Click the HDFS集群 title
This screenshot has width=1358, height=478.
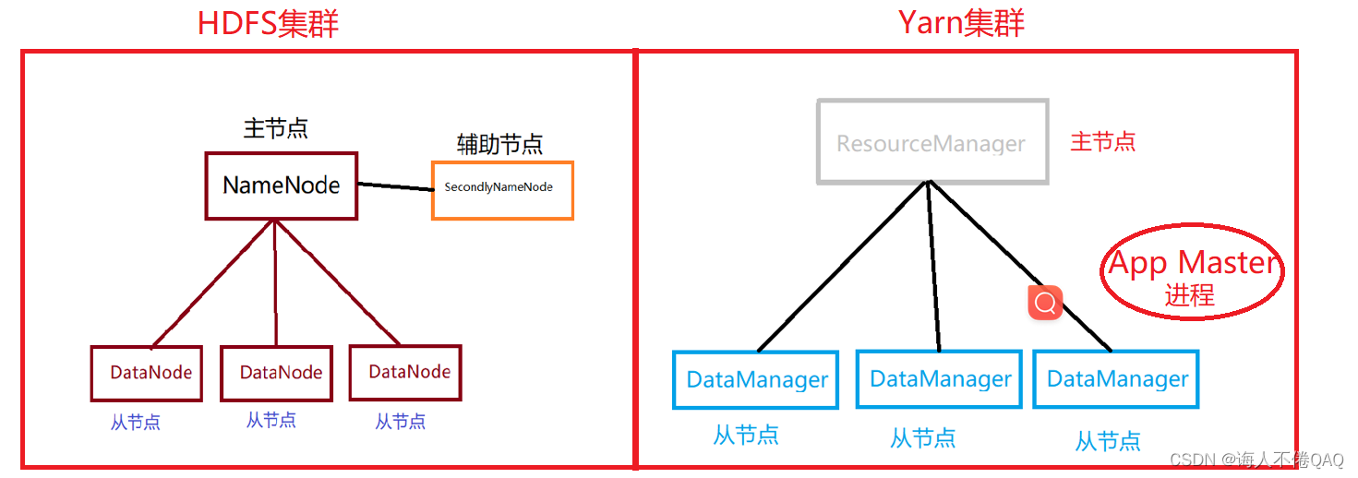coord(268,22)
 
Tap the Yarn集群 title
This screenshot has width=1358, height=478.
coord(961,22)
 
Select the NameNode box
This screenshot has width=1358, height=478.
coord(281,185)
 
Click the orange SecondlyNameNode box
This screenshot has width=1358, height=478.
coord(502,190)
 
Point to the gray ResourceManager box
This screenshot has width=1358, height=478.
coord(931,142)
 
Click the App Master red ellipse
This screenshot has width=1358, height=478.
coord(1192,271)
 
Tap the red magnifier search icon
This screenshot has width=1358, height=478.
coord(1045,303)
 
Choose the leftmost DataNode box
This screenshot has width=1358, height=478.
coord(146,373)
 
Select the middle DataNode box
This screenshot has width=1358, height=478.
coord(276,373)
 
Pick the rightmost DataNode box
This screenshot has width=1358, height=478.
coord(405,372)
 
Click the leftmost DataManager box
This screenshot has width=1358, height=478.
coord(755,379)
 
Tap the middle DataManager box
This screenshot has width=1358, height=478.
coord(939,378)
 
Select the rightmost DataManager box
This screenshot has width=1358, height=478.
coord(1115,378)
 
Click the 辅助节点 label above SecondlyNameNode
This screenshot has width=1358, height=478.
coord(499,145)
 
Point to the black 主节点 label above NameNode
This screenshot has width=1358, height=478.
coord(275,128)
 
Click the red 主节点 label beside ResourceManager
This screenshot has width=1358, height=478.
coord(1102,142)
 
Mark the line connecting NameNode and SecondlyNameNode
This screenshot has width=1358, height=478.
coord(394,187)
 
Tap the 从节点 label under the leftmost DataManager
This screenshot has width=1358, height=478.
coord(745,435)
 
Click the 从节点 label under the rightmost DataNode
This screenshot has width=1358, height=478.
coord(401,422)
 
